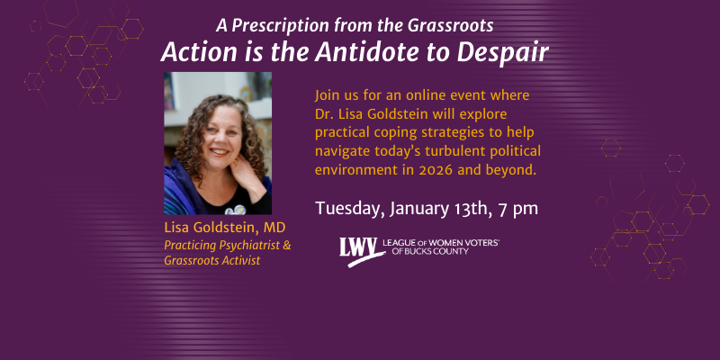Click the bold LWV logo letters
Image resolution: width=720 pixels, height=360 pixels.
pyautogui.click(x=356, y=248)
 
